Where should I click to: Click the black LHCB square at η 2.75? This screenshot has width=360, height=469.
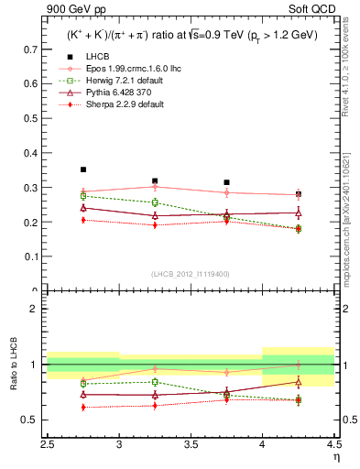tap(83, 169)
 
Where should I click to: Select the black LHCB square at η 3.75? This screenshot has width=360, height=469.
tap(227, 182)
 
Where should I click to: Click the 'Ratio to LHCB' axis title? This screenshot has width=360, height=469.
tap(14, 365)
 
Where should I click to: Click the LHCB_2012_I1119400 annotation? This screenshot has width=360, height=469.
tap(191, 274)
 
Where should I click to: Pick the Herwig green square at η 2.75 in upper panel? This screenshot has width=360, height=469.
tap(83, 196)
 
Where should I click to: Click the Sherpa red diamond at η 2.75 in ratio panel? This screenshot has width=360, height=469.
tap(83, 407)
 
